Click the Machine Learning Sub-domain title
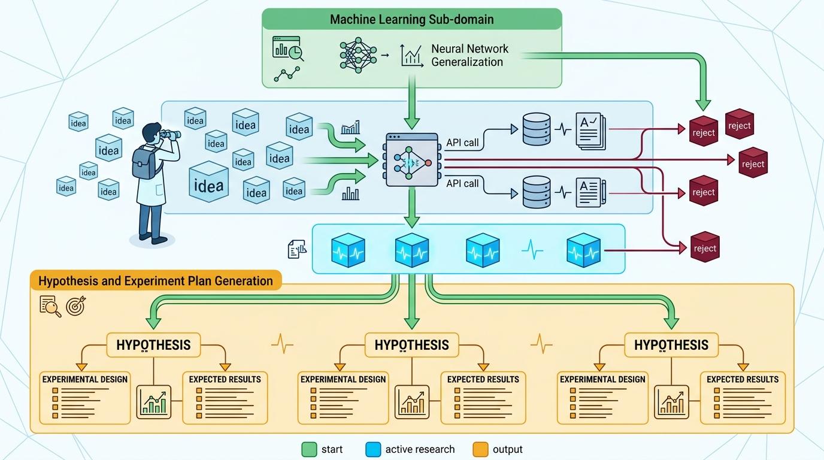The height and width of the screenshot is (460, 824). tap(411, 19)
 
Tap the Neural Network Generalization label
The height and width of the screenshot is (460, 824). tap(469, 55)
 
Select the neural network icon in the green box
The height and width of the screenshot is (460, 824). tap(358, 55)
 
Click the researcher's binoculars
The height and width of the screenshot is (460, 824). tap(169, 135)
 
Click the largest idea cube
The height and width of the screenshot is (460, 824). tap(208, 181)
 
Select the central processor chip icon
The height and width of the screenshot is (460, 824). tap(411, 160)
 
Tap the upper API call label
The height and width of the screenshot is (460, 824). tap(462, 143)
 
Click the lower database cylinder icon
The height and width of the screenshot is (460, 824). tap(537, 192)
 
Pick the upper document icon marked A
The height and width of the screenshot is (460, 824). tap(590, 131)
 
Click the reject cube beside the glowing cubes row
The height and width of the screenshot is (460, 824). tap(705, 247)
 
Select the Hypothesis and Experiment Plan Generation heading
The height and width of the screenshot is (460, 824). tap(156, 281)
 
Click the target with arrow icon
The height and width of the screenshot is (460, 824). tap(76, 306)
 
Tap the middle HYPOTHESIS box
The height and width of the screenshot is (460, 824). tap(411, 345)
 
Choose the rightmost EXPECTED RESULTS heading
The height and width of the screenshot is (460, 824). tap(743, 379)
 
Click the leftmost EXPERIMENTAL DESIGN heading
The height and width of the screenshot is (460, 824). tap(84, 379)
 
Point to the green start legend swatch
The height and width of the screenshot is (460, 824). tap(309, 449)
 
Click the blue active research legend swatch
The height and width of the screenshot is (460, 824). tap(373, 449)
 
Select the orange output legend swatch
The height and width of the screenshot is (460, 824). tap(480, 449)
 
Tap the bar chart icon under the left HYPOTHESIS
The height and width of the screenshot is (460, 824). tap(154, 402)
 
